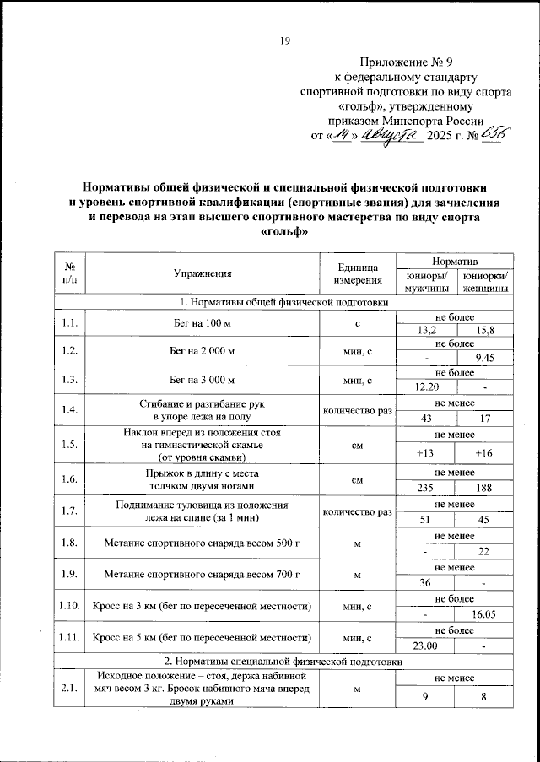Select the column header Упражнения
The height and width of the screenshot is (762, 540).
click(x=202, y=273)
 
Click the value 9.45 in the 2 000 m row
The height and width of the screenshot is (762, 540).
click(x=484, y=359)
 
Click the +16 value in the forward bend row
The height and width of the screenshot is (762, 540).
click(x=484, y=453)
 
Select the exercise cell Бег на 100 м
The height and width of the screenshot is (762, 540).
click(x=202, y=323)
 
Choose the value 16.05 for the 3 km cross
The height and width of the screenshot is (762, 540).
click(x=484, y=616)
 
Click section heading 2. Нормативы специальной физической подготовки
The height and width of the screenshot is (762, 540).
click(x=284, y=662)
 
